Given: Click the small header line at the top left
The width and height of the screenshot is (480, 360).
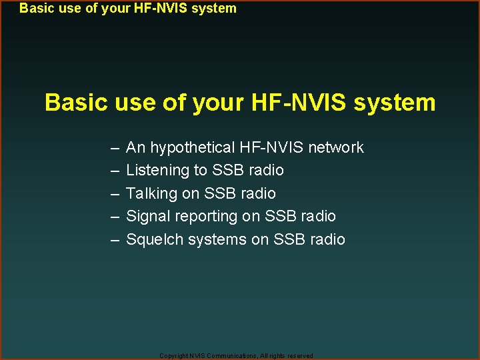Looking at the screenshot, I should (128, 9).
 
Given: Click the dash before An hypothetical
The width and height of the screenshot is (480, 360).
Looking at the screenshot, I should (115, 148).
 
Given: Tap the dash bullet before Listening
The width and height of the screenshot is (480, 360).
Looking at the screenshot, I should (115, 171).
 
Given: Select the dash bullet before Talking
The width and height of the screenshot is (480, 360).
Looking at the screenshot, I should (115, 194).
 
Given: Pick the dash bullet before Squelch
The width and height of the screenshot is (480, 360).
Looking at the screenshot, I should (115, 240).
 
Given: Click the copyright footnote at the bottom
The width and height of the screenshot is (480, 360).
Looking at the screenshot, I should (237, 356).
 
